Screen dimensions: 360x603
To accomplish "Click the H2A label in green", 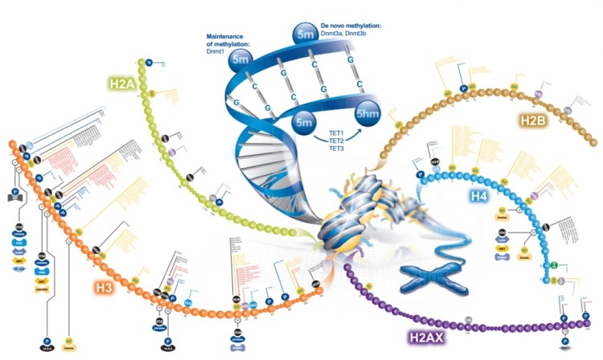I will (x=125, y=82).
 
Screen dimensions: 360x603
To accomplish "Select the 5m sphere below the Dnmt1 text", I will (x=240, y=59).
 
